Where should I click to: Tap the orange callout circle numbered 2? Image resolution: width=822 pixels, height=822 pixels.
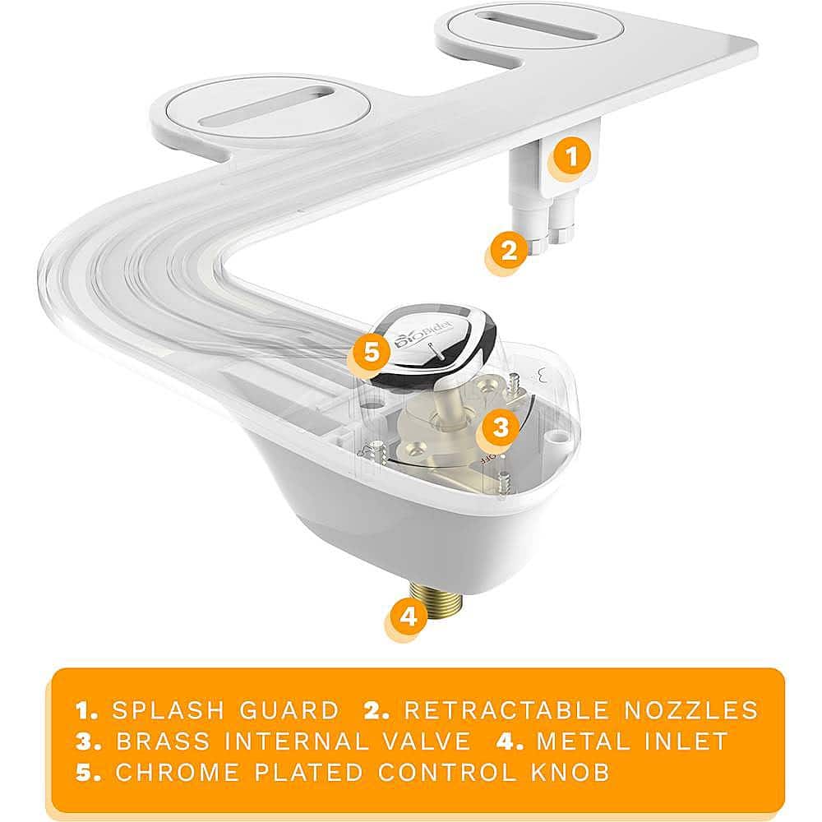pos(508,248)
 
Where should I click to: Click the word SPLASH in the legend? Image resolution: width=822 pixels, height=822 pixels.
pos(163,710)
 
